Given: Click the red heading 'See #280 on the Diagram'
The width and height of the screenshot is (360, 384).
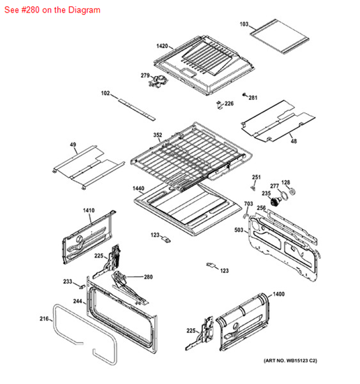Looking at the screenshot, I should (x=52, y=10).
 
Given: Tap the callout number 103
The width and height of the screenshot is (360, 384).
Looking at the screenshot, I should (x=244, y=24).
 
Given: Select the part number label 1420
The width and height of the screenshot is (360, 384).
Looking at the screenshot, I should (x=162, y=46).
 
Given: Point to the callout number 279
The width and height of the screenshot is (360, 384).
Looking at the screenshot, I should (x=145, y=75).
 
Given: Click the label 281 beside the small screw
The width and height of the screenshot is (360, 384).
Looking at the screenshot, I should (x=253, y=97).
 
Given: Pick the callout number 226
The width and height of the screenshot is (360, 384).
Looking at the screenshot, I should (x=229, y=103).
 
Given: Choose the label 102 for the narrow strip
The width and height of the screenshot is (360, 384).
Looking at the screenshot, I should (x=105, y=93).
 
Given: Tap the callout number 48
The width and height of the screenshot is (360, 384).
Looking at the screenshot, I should (x=293, y=141).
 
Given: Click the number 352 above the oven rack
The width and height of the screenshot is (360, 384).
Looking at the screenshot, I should (x=158, y=135).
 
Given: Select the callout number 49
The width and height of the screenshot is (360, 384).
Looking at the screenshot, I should (x=73, y=145).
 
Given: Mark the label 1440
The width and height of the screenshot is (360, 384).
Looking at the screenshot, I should (x=138, y=189).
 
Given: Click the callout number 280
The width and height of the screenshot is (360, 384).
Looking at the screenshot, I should (x=148, y=276).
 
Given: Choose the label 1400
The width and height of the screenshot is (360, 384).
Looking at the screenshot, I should (x=278, y=296).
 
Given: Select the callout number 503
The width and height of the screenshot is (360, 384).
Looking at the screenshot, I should (x=239, y=229).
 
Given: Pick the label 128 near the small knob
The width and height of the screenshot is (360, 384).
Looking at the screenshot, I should (x=285, y=182).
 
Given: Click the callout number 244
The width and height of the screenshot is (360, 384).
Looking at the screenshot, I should (x=78, y=302).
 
